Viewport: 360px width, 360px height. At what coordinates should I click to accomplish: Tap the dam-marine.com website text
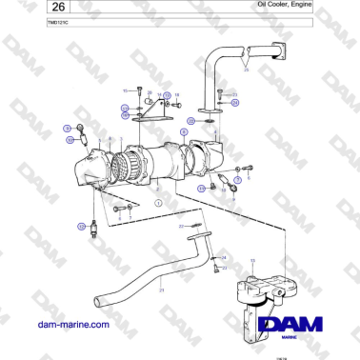click(x=72, y=324)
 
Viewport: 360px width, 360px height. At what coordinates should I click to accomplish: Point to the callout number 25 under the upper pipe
click(x=246, y=70)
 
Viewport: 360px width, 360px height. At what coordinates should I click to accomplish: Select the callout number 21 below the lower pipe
click(x=162, y=289)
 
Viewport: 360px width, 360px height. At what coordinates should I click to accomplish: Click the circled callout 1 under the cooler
click(x=158, y=203)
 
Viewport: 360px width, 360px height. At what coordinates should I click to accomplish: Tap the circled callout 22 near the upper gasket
click(x=190, y=122)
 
